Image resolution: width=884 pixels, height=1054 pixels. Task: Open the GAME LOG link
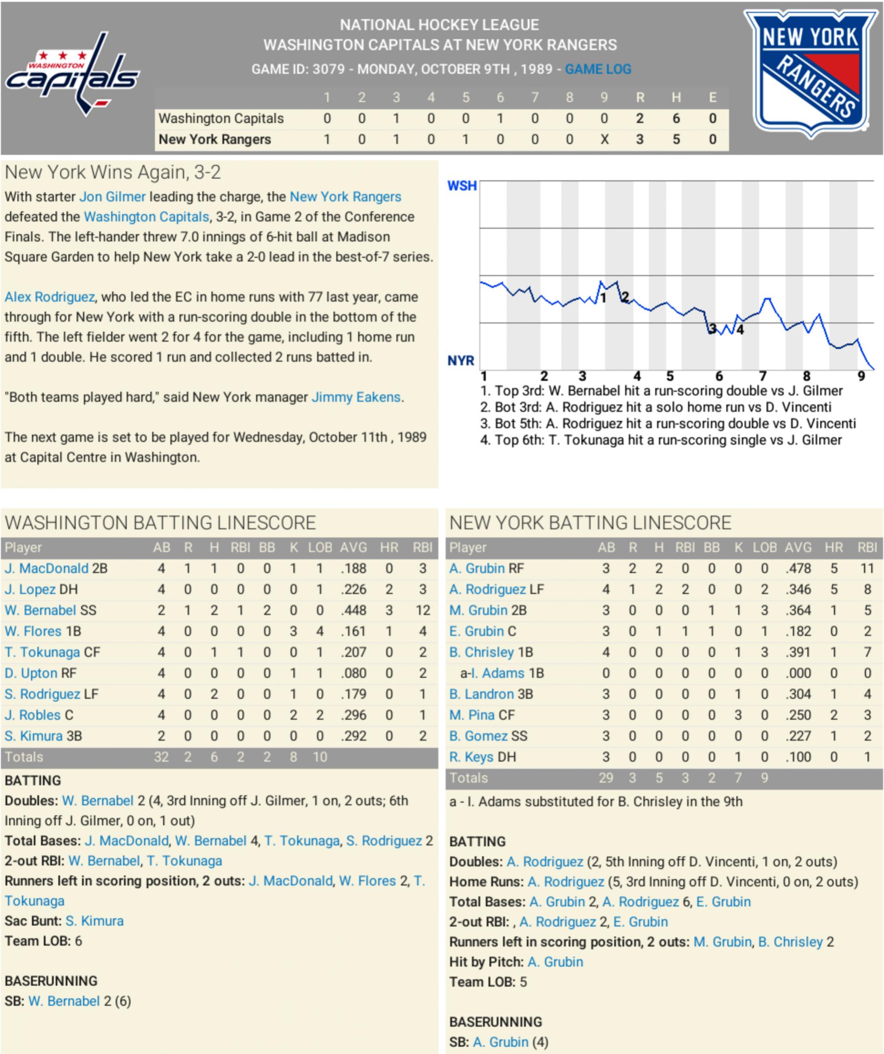[x=598, y=69]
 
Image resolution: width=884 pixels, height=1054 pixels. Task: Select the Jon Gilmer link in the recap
[x=113, y=197]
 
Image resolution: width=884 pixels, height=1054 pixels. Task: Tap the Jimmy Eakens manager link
[x=356, y=397]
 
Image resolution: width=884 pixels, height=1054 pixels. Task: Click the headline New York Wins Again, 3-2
[x=113, y=172]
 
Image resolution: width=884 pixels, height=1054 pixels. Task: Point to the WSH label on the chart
[x=461, y=186]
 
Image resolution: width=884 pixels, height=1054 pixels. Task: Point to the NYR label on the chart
[x=460, y=360]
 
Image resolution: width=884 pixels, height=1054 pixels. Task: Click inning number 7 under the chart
[x=762, y=376]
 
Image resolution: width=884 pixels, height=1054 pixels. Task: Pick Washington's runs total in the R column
[x=639, y=118]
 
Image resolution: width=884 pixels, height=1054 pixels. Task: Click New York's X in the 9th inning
[x=604, y=139]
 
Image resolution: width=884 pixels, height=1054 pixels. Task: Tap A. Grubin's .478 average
[x=798, y=568]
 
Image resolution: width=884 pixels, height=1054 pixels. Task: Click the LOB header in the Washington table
[x=320, y=548]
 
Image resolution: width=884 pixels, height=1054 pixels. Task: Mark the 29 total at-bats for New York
[x=606, y=778]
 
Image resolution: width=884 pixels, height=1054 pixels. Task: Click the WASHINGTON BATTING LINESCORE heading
[x=160, y=523]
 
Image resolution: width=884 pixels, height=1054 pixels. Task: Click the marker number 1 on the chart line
[x=603, y=298]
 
